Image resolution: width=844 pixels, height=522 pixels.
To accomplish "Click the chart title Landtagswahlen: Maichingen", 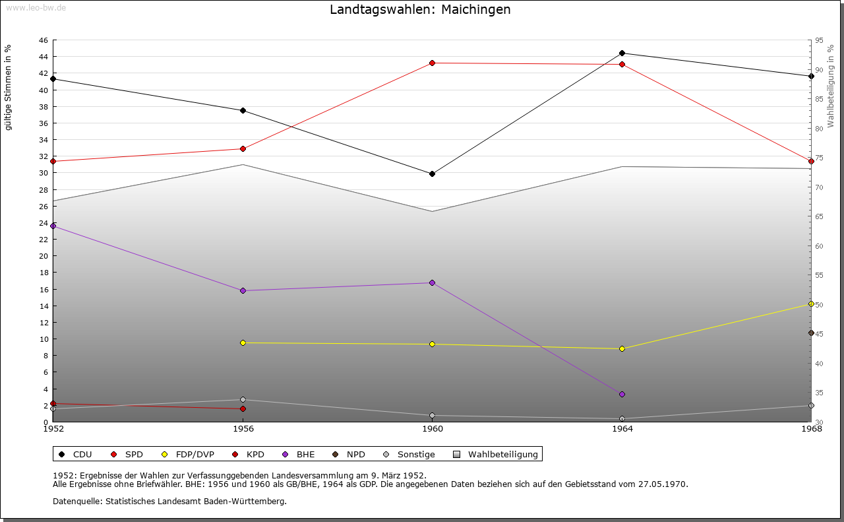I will point(420,10).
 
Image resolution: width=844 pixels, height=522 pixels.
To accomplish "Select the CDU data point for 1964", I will point(622,53).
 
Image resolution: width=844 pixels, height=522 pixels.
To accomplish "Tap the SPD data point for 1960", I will point(432,63).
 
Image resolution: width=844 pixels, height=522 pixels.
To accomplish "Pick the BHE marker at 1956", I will point(243,290).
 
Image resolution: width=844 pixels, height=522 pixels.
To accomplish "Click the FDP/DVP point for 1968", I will point(811,304).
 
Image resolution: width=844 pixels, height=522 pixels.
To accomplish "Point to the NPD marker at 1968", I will point(811,333).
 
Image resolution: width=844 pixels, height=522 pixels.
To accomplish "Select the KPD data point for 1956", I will point(243,409).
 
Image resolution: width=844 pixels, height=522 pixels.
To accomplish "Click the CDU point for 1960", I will point(432,174).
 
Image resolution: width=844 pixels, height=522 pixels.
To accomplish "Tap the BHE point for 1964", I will point(622,394).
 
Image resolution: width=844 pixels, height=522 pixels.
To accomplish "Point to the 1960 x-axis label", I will point(432,429).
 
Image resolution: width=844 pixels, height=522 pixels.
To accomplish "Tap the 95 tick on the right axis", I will point(819,40).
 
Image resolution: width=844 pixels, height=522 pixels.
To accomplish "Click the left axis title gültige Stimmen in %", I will point(9,87).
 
